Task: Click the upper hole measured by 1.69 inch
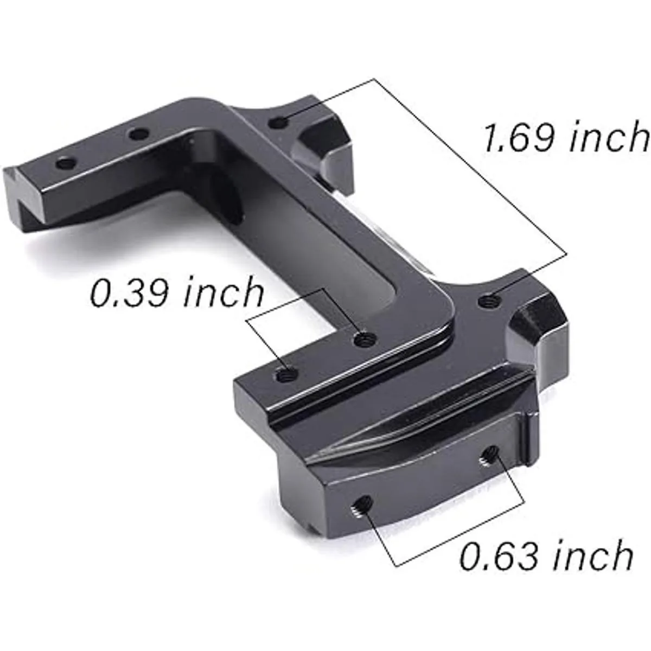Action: (x=279, y=122)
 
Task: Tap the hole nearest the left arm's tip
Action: (x=66, y=163)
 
